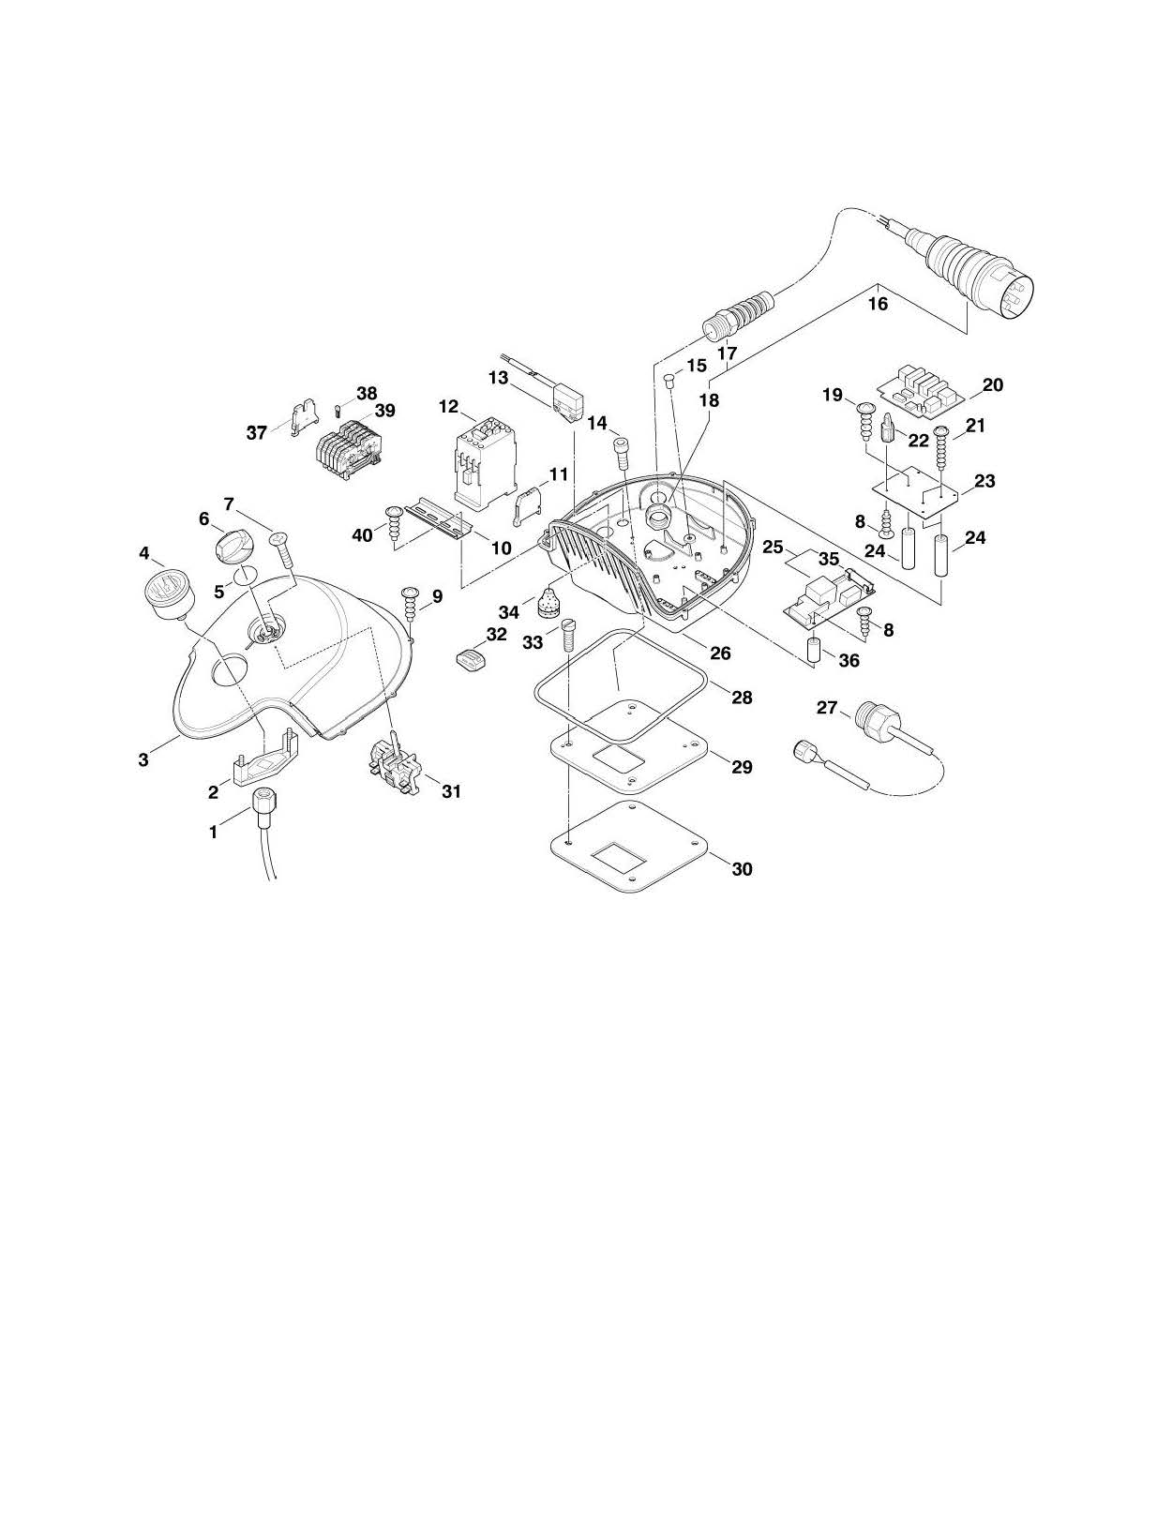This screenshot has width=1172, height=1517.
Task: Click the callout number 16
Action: [x=878, y=304]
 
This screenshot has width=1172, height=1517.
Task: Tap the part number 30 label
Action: [x=742, y=869]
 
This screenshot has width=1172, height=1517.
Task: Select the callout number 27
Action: [x=826, y=708]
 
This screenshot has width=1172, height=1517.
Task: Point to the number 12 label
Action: [x=449, y=407]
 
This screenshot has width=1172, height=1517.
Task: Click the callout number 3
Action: [x=143, y=759]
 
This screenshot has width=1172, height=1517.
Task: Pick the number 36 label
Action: [x=849, y=660]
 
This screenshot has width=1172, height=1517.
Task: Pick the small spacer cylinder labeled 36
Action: [x=815, y=650]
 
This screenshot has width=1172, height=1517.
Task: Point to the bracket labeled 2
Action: [x=266, y=755]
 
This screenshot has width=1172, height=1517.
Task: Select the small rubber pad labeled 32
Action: [x=471, y=657]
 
